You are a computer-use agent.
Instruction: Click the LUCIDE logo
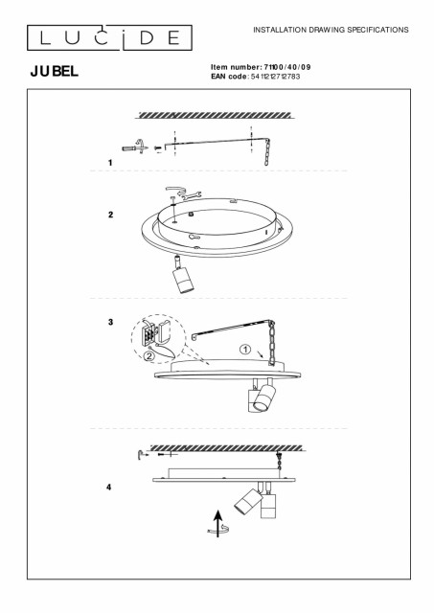[109, 37]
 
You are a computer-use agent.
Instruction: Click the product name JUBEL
[55, 71]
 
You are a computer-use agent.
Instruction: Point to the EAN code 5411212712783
[275, 77]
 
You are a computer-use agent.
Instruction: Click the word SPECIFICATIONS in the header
[377, 30]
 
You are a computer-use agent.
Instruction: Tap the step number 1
[110, 163]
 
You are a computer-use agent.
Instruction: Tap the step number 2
[110, 215]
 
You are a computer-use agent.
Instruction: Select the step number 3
[110, 322]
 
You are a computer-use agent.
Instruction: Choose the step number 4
[108, 488]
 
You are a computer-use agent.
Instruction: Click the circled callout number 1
[245, 349]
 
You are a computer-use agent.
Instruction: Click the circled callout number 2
[148, 355]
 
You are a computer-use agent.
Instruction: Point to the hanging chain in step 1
[267, 151]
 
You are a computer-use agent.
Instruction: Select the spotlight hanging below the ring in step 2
[182, 275]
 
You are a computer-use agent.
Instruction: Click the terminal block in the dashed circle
[148, 334]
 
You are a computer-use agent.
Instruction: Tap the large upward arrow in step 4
[218, 524]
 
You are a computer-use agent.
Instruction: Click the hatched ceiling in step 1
[215, 115]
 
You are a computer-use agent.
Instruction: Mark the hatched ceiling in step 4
[226, 447]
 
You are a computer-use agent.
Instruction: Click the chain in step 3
[270, 343]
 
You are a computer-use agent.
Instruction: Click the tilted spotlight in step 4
[246, 500]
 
